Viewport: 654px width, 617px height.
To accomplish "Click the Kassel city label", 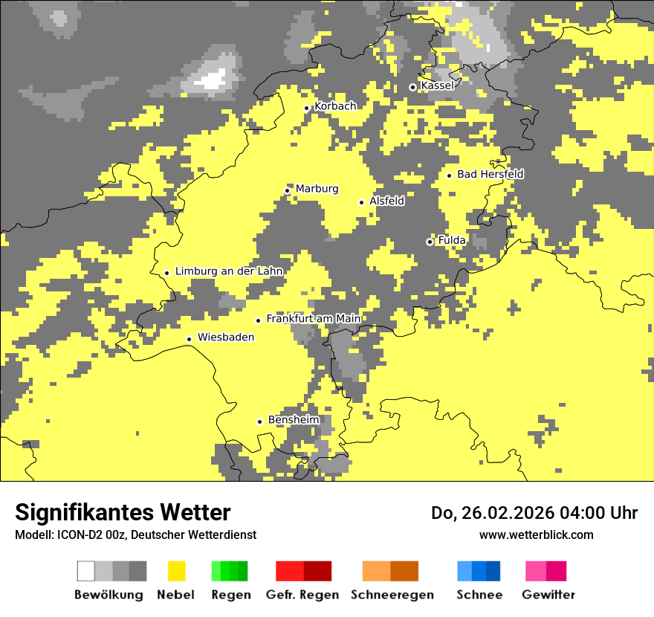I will (437, 86).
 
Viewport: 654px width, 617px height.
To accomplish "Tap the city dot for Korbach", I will (306, 108).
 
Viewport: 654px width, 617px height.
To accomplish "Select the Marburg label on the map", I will (317, 189).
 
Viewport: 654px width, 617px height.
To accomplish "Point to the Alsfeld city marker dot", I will (362, 202).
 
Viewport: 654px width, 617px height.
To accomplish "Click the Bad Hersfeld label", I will (490, 175).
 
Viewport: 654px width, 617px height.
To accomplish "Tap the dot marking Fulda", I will (430, 242).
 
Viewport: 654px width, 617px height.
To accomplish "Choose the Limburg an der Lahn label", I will (229, 271).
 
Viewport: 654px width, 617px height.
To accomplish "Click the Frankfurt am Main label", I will (313, 319).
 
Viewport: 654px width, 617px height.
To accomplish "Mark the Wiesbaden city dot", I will (190, 339).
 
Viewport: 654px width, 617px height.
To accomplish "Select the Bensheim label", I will (294, 420).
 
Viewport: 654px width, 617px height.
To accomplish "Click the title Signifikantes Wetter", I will (123, 513).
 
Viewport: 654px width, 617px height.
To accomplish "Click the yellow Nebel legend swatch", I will (177, 571).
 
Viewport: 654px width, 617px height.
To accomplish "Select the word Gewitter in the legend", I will (548, 595).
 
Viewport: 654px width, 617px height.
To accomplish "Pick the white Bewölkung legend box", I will (86, 571).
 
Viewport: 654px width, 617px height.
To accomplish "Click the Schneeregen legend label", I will (392, 595).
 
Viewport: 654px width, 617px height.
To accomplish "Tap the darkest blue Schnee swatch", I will (493, 571).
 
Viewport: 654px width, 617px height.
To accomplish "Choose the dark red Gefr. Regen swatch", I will (317, 571).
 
